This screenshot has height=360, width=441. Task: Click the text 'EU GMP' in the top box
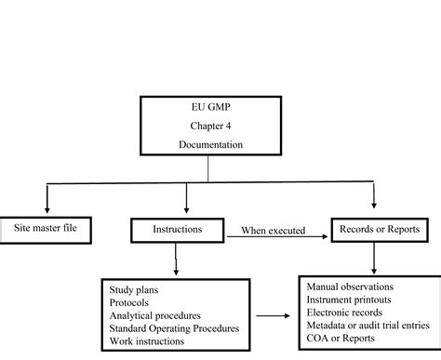(x=207, y=108)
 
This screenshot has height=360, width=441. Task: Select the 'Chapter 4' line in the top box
(x=207, y=126)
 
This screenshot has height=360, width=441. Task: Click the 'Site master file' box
(x=46, y=226)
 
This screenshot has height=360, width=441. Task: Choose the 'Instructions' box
(x=177, y=227)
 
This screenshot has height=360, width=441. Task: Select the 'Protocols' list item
(x=129, y=301)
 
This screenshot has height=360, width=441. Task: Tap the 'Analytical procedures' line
(x=154, y=315)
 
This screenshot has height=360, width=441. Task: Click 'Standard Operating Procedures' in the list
(x=174, y=328)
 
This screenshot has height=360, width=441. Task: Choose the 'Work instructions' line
(x=146, y=341)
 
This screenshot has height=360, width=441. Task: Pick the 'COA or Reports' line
(x=339, y=340)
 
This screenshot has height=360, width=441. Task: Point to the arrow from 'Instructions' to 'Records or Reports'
(x=279, y=237)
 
